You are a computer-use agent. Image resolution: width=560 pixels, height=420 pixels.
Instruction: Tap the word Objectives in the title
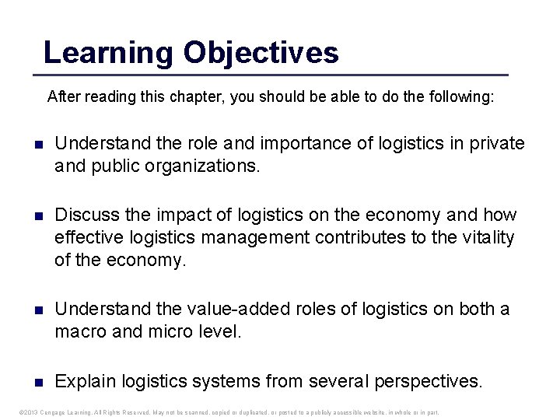261,53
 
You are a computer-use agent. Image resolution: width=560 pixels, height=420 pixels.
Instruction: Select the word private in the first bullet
495,144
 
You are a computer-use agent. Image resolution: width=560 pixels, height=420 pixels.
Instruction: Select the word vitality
483,237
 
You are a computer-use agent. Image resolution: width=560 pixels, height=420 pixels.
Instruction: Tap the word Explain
86,382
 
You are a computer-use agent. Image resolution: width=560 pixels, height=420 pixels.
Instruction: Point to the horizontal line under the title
270,75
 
